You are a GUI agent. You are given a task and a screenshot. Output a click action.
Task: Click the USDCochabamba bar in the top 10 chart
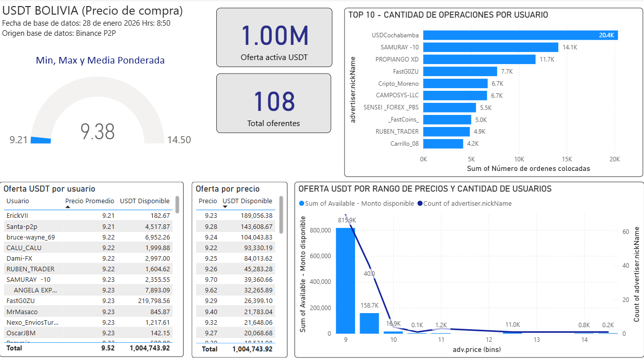point(519,35)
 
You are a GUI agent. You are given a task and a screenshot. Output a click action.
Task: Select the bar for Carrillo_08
point(443,144)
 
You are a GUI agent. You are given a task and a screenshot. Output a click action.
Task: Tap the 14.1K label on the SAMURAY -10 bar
point(569,47)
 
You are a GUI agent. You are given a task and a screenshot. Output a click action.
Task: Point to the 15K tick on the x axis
point(566,159)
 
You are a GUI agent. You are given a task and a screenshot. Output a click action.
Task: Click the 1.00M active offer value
point(274,35)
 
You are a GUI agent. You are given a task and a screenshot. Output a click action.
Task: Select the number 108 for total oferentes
point(274,101)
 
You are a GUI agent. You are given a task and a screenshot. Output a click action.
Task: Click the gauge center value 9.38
point(98,132)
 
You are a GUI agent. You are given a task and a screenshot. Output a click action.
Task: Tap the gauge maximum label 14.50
point(179,140)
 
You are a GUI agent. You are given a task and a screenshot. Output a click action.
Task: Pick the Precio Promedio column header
point(90,201)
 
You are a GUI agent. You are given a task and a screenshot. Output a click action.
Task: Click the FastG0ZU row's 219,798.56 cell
point(149,301)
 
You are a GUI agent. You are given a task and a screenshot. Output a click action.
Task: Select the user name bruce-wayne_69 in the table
point(31,237)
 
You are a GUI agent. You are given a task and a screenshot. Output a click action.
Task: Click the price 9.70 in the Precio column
point(210,279)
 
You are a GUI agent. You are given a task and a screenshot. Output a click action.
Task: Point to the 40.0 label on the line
point(369,274)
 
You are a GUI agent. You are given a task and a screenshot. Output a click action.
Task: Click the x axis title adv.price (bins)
point(470,349)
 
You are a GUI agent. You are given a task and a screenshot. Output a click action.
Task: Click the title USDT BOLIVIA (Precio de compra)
point(93,11)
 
